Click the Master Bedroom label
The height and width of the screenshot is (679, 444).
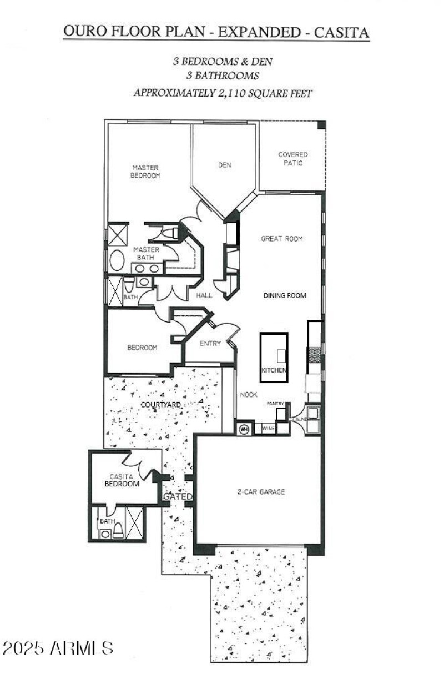click(145, 171)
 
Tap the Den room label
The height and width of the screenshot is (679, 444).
click(225, 165)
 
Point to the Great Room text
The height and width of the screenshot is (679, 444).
click(282, 239)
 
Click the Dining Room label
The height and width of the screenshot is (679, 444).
click(284, 296)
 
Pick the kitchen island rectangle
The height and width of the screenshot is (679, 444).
click(274, 357)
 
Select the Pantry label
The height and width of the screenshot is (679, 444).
click(275, 404)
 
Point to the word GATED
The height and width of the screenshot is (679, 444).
click(177, 496)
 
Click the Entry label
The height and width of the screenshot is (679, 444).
click(210, 344)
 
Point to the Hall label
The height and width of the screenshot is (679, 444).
click(204, 296)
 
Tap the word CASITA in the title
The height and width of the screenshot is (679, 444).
click(342, 32)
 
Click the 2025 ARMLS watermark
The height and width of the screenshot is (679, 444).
click(58, 647)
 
